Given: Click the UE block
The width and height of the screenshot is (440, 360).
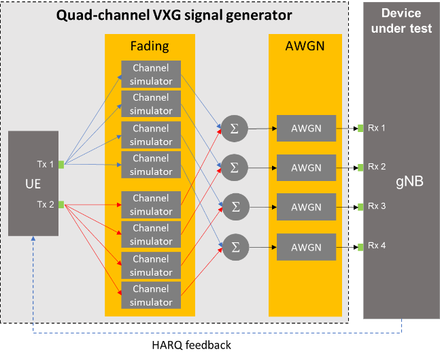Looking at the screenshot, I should (32, 184).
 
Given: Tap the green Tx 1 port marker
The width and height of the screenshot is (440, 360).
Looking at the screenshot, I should (61, 164).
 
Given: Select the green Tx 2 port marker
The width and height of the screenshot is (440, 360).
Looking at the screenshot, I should (61, 204).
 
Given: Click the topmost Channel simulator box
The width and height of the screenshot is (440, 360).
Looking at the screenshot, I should (151, 74).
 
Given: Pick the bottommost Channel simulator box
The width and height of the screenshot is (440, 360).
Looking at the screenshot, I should (151, 295).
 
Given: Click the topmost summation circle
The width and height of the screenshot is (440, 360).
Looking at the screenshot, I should (234, 128).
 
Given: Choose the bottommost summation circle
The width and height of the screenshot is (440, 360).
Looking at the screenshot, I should (234, 246).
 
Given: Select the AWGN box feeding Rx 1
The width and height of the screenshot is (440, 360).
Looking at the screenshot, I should (306, 128).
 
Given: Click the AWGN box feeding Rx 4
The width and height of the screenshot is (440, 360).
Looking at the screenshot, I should (306, 246).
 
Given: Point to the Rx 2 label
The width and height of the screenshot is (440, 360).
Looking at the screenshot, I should (377, 166).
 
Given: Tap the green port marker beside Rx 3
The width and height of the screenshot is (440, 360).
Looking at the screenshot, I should (360, 206).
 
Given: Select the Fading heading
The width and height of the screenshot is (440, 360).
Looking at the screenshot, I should (150, 46).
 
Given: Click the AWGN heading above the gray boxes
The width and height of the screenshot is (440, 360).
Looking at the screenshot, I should (305, 46).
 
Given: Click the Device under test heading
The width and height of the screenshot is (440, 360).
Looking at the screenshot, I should (401, 20).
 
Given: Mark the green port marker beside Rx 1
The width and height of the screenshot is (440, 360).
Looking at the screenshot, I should (360, 127).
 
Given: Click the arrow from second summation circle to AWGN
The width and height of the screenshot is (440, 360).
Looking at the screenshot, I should (262, 167).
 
